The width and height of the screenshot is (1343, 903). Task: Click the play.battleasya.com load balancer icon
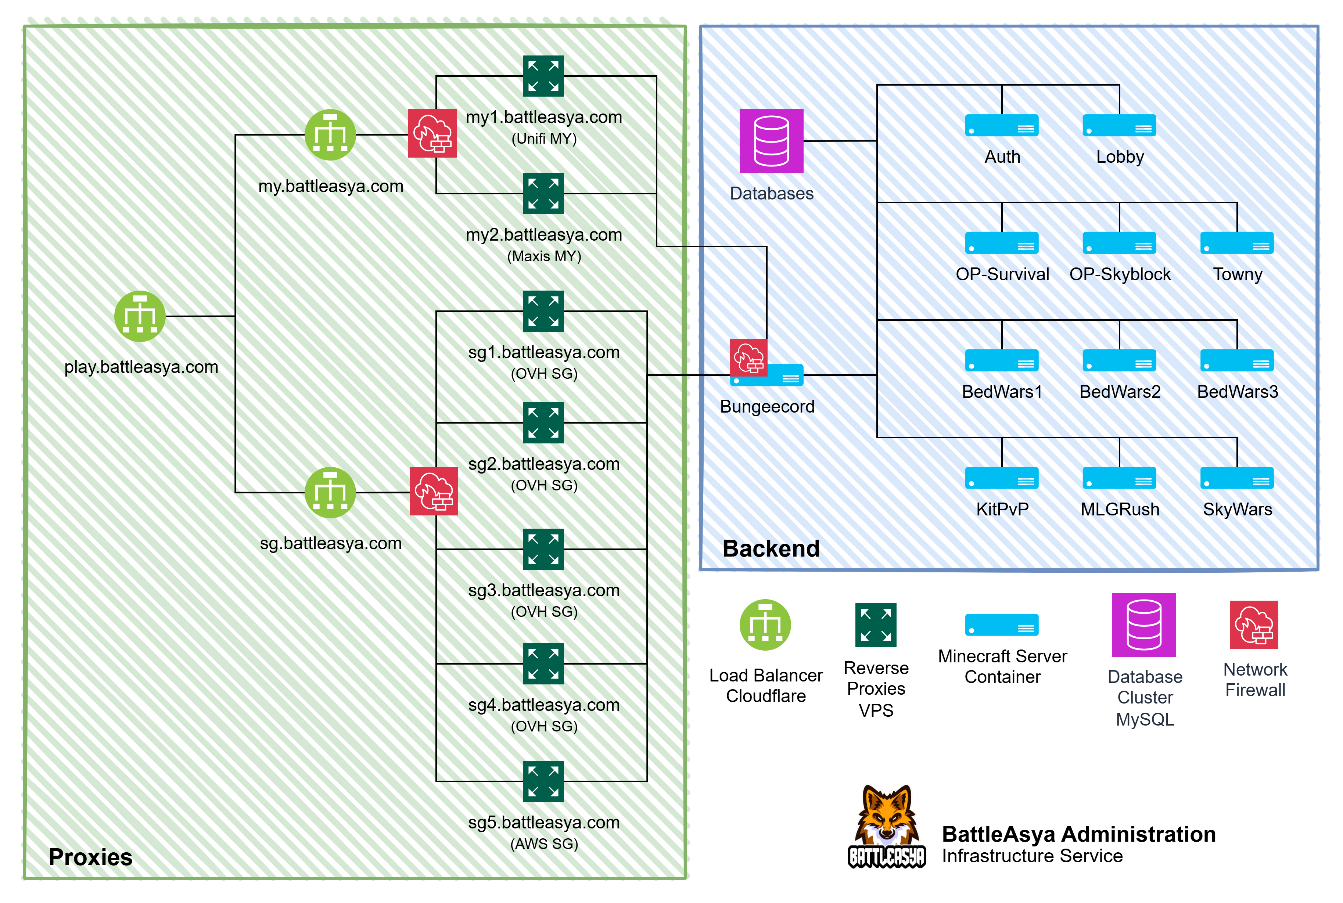point(140,316)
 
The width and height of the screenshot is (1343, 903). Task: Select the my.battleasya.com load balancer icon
point(330,135)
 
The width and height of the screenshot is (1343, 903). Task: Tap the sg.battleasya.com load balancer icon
point(330,492)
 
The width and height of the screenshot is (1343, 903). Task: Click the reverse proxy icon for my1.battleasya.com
point(543,76)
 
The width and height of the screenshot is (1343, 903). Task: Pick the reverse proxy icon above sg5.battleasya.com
point(543,781)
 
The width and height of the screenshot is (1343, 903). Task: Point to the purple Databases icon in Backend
point(771,141)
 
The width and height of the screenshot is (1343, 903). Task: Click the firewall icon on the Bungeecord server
point(749,357)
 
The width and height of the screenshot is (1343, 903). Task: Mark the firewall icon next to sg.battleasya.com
point(434,491)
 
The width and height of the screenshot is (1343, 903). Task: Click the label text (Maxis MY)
point(544,256)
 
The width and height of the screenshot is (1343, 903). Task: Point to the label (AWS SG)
point(544,844)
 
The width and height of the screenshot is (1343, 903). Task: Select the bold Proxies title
point(90,857)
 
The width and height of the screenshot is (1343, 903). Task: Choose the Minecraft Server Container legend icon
point(1002,625)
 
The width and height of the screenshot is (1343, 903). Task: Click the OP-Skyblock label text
point(1120,274)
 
